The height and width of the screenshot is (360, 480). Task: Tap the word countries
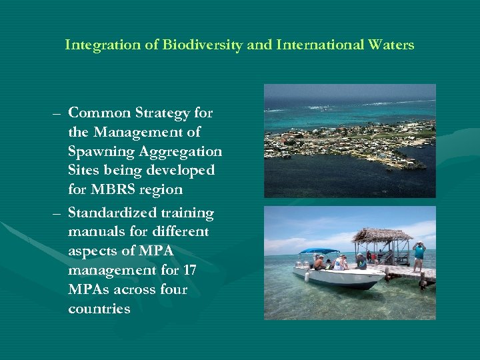click(99, 309)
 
